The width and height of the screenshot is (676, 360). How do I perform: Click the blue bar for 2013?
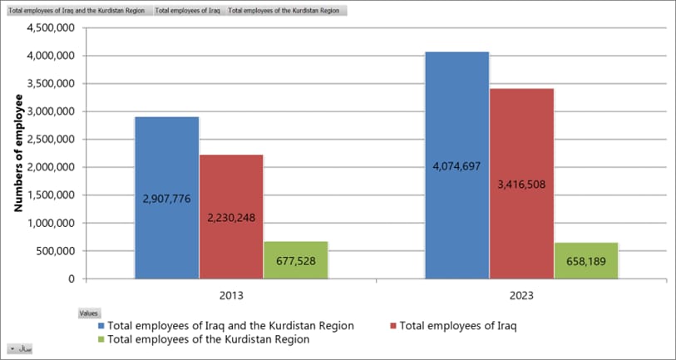click(166, 158)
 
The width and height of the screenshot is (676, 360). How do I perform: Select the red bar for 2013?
click(231, 183)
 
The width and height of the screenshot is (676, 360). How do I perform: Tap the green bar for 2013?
click(295, 249)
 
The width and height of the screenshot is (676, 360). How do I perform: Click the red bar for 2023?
click(521, 141)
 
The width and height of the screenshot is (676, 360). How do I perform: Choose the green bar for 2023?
click(586, 250)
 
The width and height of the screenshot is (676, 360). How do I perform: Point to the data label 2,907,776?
click(166, 199)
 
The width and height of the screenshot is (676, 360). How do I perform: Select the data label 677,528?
click(295, 261)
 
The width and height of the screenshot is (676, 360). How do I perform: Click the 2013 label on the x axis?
click(231, 295)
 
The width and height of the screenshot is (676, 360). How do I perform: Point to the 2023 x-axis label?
click(521, 295)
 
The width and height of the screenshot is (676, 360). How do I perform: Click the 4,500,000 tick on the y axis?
click(52, 27)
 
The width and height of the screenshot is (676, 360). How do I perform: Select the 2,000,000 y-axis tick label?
click(52, 167)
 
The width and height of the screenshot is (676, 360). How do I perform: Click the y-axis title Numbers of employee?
click(18, 154)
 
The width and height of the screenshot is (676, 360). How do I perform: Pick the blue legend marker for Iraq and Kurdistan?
click(102, 326)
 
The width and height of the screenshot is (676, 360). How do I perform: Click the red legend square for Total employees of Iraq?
click(393, 326)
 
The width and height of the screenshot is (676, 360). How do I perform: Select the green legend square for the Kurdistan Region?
click(102, 339)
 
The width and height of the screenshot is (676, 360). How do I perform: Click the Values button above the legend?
click(88, 313)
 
